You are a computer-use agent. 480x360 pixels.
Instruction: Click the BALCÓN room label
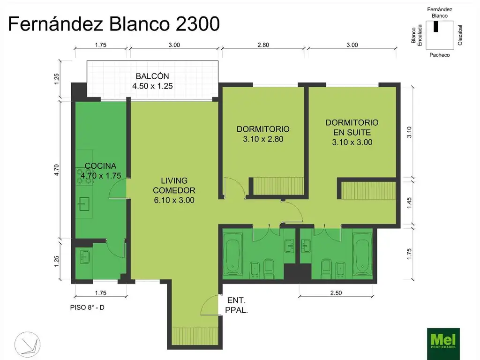[152, 81]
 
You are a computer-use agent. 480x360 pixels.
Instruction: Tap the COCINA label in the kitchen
[100, 171]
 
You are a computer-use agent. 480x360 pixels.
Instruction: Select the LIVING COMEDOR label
[173, 190]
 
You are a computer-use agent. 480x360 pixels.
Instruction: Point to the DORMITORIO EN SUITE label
[352, 132]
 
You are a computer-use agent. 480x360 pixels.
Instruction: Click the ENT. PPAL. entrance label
[237, 305]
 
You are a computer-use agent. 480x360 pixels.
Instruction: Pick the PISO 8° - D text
[90, 308]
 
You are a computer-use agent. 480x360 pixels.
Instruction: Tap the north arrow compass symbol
[27, 343]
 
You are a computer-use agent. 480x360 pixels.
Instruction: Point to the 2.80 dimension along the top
[263, 45]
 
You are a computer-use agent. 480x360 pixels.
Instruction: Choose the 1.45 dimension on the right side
[409, 202]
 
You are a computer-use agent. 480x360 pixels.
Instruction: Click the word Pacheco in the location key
[439, 55]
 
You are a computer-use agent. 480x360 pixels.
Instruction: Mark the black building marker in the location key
[436, 27]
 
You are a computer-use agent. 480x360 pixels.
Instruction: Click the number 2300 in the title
[192, 24]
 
